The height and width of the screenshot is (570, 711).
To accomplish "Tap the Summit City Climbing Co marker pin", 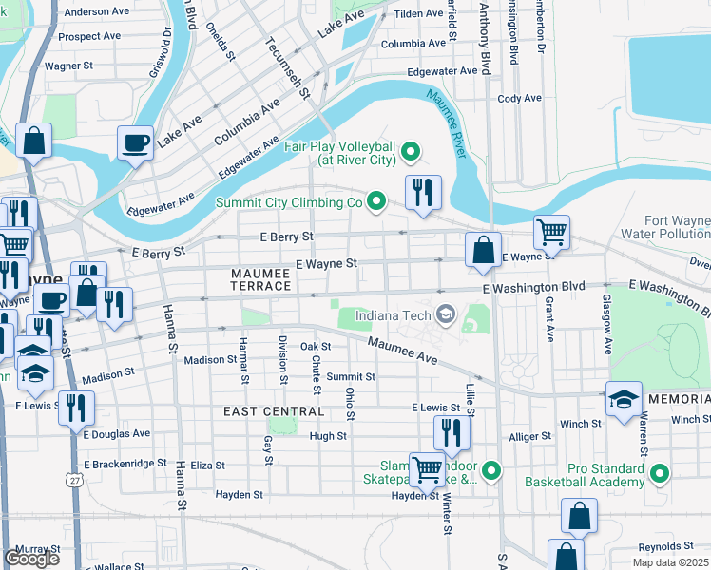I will (376, 201).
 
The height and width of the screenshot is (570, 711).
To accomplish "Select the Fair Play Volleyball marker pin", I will (411, 149).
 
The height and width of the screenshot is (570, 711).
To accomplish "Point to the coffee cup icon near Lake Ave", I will (135, 143).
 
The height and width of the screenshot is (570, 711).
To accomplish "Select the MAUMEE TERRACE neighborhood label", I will (261, 279).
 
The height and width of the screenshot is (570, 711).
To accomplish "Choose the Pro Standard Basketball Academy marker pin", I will (660, 473).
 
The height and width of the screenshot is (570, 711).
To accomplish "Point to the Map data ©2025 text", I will (670, 562).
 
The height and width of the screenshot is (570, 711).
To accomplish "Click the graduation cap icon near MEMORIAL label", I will (624, 397).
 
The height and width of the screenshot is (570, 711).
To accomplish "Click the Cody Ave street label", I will (519, 98).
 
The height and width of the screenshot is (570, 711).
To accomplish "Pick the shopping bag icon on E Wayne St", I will (483, 251).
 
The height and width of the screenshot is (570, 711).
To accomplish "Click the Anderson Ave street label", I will (97, 12).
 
